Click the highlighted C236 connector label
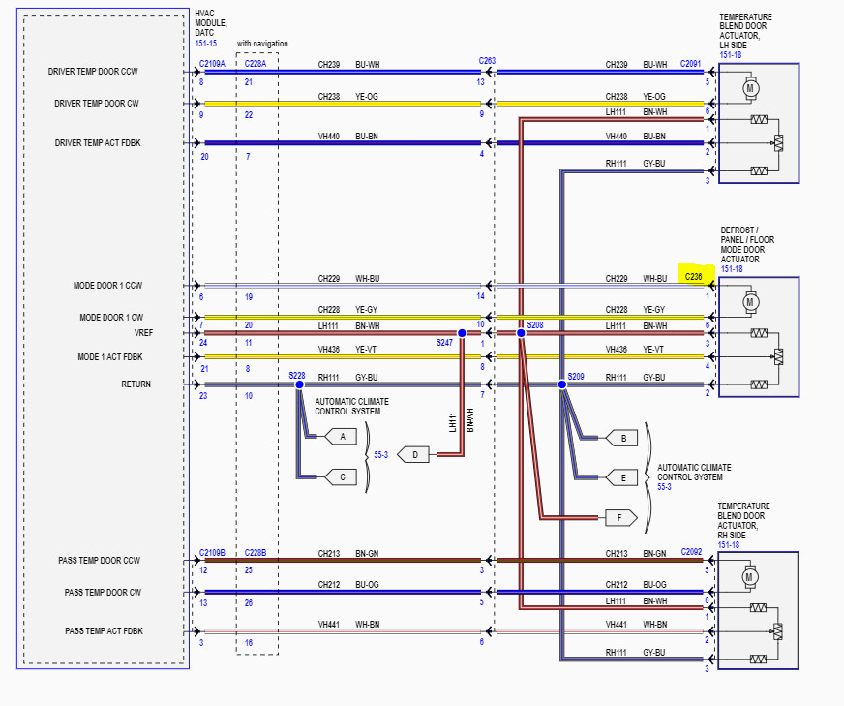[x=694, y=276]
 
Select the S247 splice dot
[x=462, y=333]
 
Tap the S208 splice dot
[x=521, y=333]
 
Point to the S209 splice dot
[x=561, y=384]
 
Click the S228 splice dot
[x=299, y=384]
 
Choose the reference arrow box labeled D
[x=414, y=454]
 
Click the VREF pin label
[x=143, y=333]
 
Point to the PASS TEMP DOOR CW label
[x=103, y=592]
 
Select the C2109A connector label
[x=212, y=63]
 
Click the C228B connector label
[x=256, y=552]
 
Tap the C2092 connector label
[x=691, y=552]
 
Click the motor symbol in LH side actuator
[x=749, y=88]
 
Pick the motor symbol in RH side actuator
[x=749, y=577]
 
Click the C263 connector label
[x=487, y=61]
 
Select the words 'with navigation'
[x=262, y=44]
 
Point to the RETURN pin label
[x=136, y=384]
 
